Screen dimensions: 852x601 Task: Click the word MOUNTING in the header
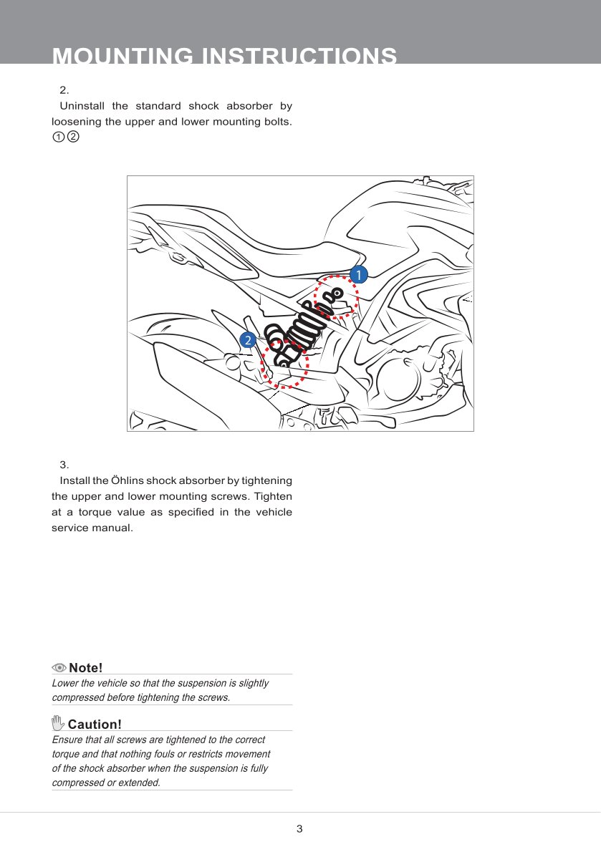point(123,57)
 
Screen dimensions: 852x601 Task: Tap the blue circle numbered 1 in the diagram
point(357,274)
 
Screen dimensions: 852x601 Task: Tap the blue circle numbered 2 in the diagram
point(248,340)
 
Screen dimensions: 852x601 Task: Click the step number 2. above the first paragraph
point(64,90)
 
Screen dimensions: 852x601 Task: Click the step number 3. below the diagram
point(64,465)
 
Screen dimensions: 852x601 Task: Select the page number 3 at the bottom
point(299,829)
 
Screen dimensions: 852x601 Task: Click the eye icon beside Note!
point(59,668)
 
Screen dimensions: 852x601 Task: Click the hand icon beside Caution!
point(58,724)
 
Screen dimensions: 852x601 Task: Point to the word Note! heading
point(86,668)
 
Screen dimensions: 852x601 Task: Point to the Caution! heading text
point(95,725)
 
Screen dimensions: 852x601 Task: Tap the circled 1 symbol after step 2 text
point(58,136)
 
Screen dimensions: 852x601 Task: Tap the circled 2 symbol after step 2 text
point(72,136)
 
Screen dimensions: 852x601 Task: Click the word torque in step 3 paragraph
point(94,512)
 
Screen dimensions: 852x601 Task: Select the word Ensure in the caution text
point(67,740)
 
